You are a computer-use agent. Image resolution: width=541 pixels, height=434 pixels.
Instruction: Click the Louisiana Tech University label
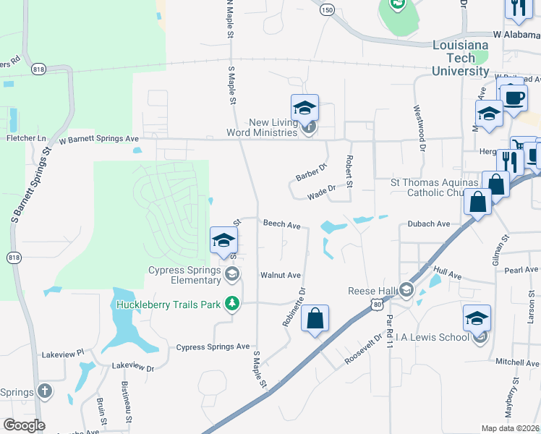coord(460,58)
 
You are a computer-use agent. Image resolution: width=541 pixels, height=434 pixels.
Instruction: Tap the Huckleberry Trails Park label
coord(168,305)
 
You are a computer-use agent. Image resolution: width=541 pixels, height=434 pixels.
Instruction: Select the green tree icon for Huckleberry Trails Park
coord(232,304)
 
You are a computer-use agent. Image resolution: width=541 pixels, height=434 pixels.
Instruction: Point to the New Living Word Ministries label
coord(263,127)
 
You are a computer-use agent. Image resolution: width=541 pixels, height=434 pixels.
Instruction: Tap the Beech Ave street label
coord(281,225)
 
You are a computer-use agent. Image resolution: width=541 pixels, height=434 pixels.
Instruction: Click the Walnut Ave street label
coord(281,276)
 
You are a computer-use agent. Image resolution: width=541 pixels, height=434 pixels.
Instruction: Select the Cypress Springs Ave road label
coord(213,347)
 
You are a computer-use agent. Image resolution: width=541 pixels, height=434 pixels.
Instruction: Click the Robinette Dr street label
coord(294,307)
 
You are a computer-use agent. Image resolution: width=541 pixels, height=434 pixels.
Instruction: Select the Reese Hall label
coord(374,291)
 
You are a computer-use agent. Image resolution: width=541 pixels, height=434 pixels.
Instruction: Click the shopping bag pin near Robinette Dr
coord(315,318)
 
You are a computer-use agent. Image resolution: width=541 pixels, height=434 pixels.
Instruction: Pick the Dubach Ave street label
coord(429,224)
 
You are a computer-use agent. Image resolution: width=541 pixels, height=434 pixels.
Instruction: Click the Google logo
coord(24,425)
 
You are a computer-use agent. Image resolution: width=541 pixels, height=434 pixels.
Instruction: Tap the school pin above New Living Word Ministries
coord(304,109)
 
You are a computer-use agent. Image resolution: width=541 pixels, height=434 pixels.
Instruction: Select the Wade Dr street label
coord(322,192)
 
